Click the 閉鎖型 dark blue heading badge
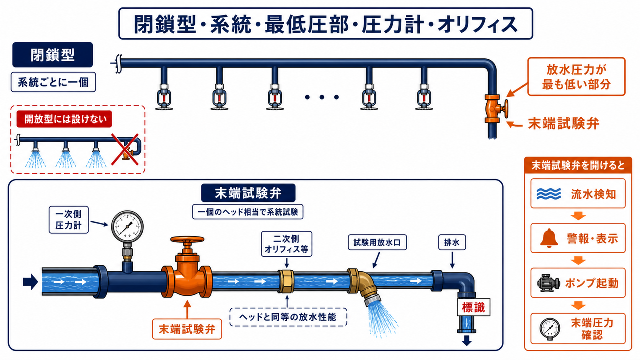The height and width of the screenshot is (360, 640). pos(53,55)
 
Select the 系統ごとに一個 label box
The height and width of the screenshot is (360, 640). pos(53,82)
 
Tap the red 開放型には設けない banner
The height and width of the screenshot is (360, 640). pos(64,119)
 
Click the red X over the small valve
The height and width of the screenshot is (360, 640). pos(125,149)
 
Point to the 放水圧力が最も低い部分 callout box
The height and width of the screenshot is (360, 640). pos(576,76)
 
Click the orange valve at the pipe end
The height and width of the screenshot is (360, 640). pos(495,109)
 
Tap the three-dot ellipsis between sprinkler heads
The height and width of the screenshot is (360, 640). pos(322,97)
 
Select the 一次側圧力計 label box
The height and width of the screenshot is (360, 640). pos(69,220)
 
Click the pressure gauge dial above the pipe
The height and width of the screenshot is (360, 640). pos(127,227)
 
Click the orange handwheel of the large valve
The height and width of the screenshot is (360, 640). pos(187,239)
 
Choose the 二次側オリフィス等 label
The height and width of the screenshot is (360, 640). pos(286,244)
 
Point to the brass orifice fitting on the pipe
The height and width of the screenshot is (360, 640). pos(286,281)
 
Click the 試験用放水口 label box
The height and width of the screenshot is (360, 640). pos(377,242)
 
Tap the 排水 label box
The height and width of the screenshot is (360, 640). pos(452,242)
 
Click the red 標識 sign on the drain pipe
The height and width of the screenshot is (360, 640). pos(473,307)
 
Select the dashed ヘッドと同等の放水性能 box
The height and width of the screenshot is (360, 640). pos(288,317)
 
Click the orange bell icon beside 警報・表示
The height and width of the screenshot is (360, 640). pos(549,237)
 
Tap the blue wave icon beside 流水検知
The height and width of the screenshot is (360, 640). pos(549,194)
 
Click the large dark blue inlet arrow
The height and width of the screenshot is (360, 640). pos(30,282)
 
